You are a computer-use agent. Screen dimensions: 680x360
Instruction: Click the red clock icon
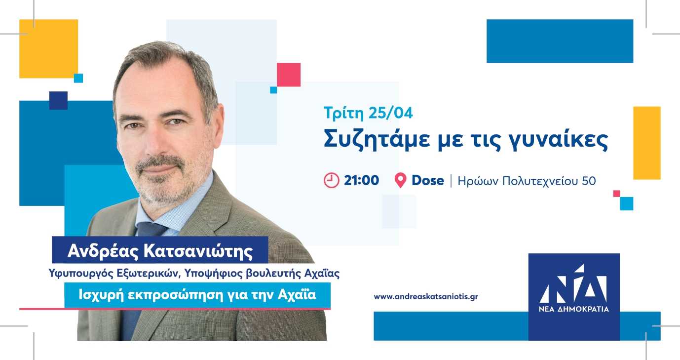(331, 180)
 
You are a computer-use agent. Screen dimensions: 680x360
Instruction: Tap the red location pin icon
(400, 180)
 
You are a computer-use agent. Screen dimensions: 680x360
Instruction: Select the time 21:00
(361, 180)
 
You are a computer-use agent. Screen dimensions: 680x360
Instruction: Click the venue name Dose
(428, 180)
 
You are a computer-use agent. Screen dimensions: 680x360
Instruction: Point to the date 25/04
(391, 113)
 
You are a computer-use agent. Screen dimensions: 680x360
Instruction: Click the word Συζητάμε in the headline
(377, 140)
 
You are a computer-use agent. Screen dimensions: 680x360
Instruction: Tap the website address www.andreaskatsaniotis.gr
(426, 296)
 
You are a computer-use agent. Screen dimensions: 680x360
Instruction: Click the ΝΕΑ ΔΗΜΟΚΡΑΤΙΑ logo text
(574, 309)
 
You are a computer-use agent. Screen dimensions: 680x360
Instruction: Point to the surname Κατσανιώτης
(198, 251)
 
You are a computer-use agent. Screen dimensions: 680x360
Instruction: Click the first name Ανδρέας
(103, 251)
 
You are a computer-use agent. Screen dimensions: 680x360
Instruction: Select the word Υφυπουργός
(81, 274)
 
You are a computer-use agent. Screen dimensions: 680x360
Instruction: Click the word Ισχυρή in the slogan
(101, 295)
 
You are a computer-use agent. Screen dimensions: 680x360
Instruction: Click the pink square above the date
(289, 75)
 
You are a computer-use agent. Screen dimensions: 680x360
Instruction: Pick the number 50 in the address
(589, 181)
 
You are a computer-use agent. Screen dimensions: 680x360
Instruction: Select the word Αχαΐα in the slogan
(297, 295)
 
